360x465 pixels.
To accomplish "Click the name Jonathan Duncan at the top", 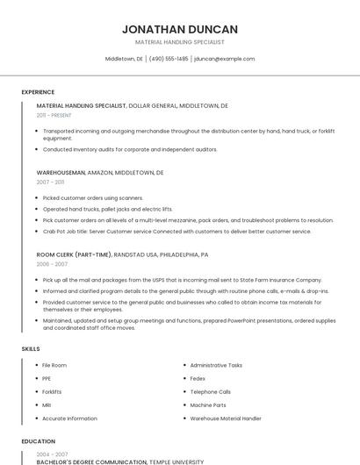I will coord(180,29).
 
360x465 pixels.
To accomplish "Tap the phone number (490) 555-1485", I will coord(169,59).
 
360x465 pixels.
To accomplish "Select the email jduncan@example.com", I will coord(225,59).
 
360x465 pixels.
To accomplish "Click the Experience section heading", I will coord(38,92).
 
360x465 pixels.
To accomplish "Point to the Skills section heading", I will coord(31,349).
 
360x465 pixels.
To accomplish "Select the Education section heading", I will coord(39,441).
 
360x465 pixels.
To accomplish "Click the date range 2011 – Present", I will coord(54,115).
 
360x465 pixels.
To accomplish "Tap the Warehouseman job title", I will coord(61,173).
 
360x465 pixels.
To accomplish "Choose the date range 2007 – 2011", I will coord(50,182).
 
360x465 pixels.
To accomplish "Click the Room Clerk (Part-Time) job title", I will coord(74,254).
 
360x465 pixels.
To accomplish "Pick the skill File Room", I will coord(54,365).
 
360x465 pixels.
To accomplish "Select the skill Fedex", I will coord(198,378).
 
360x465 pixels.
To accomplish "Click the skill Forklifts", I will coord(52,392).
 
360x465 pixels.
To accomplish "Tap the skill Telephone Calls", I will coord(211,392).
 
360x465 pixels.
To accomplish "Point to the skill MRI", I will coord(47,405).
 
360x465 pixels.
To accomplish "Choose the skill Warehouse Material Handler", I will coord(226,418).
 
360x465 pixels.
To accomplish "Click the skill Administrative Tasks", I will coord(216,365).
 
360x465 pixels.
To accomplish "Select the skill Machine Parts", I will coord(208,405).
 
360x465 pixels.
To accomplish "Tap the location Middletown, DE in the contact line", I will coord(124,59).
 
